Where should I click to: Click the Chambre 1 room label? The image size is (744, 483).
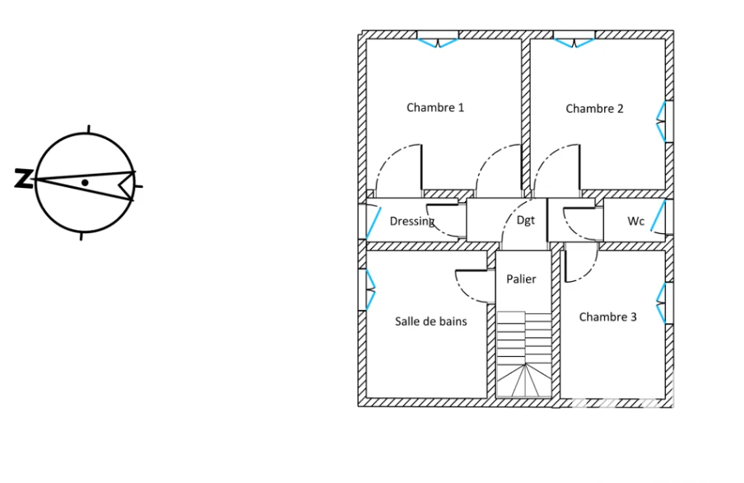[435, 107]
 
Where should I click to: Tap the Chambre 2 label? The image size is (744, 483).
[594, 109]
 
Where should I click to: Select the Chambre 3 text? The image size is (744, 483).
[608, 317]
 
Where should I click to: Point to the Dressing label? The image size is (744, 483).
[412, 221]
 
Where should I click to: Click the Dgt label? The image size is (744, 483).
[526, 220]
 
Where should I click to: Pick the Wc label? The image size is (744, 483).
[636, 221]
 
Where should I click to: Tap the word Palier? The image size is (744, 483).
[521, 279]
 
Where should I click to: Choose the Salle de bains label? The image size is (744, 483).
[430, 321]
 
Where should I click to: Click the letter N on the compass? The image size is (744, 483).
[22, 178]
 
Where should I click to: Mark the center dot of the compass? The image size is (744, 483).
[85, 182]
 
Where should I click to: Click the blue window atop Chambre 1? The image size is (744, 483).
[438, 43]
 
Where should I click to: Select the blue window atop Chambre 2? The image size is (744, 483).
[574, 43]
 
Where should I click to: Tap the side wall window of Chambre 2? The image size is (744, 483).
[661, 122]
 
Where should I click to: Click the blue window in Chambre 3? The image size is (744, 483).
[661, 303]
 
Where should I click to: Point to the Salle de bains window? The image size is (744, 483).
[370, 289]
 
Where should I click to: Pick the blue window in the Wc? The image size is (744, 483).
[658, 216]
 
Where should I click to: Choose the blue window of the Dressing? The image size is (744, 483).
[374, 222]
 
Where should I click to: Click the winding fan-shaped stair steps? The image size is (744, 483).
[524, 381]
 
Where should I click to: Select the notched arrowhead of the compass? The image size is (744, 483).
[127, 186]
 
